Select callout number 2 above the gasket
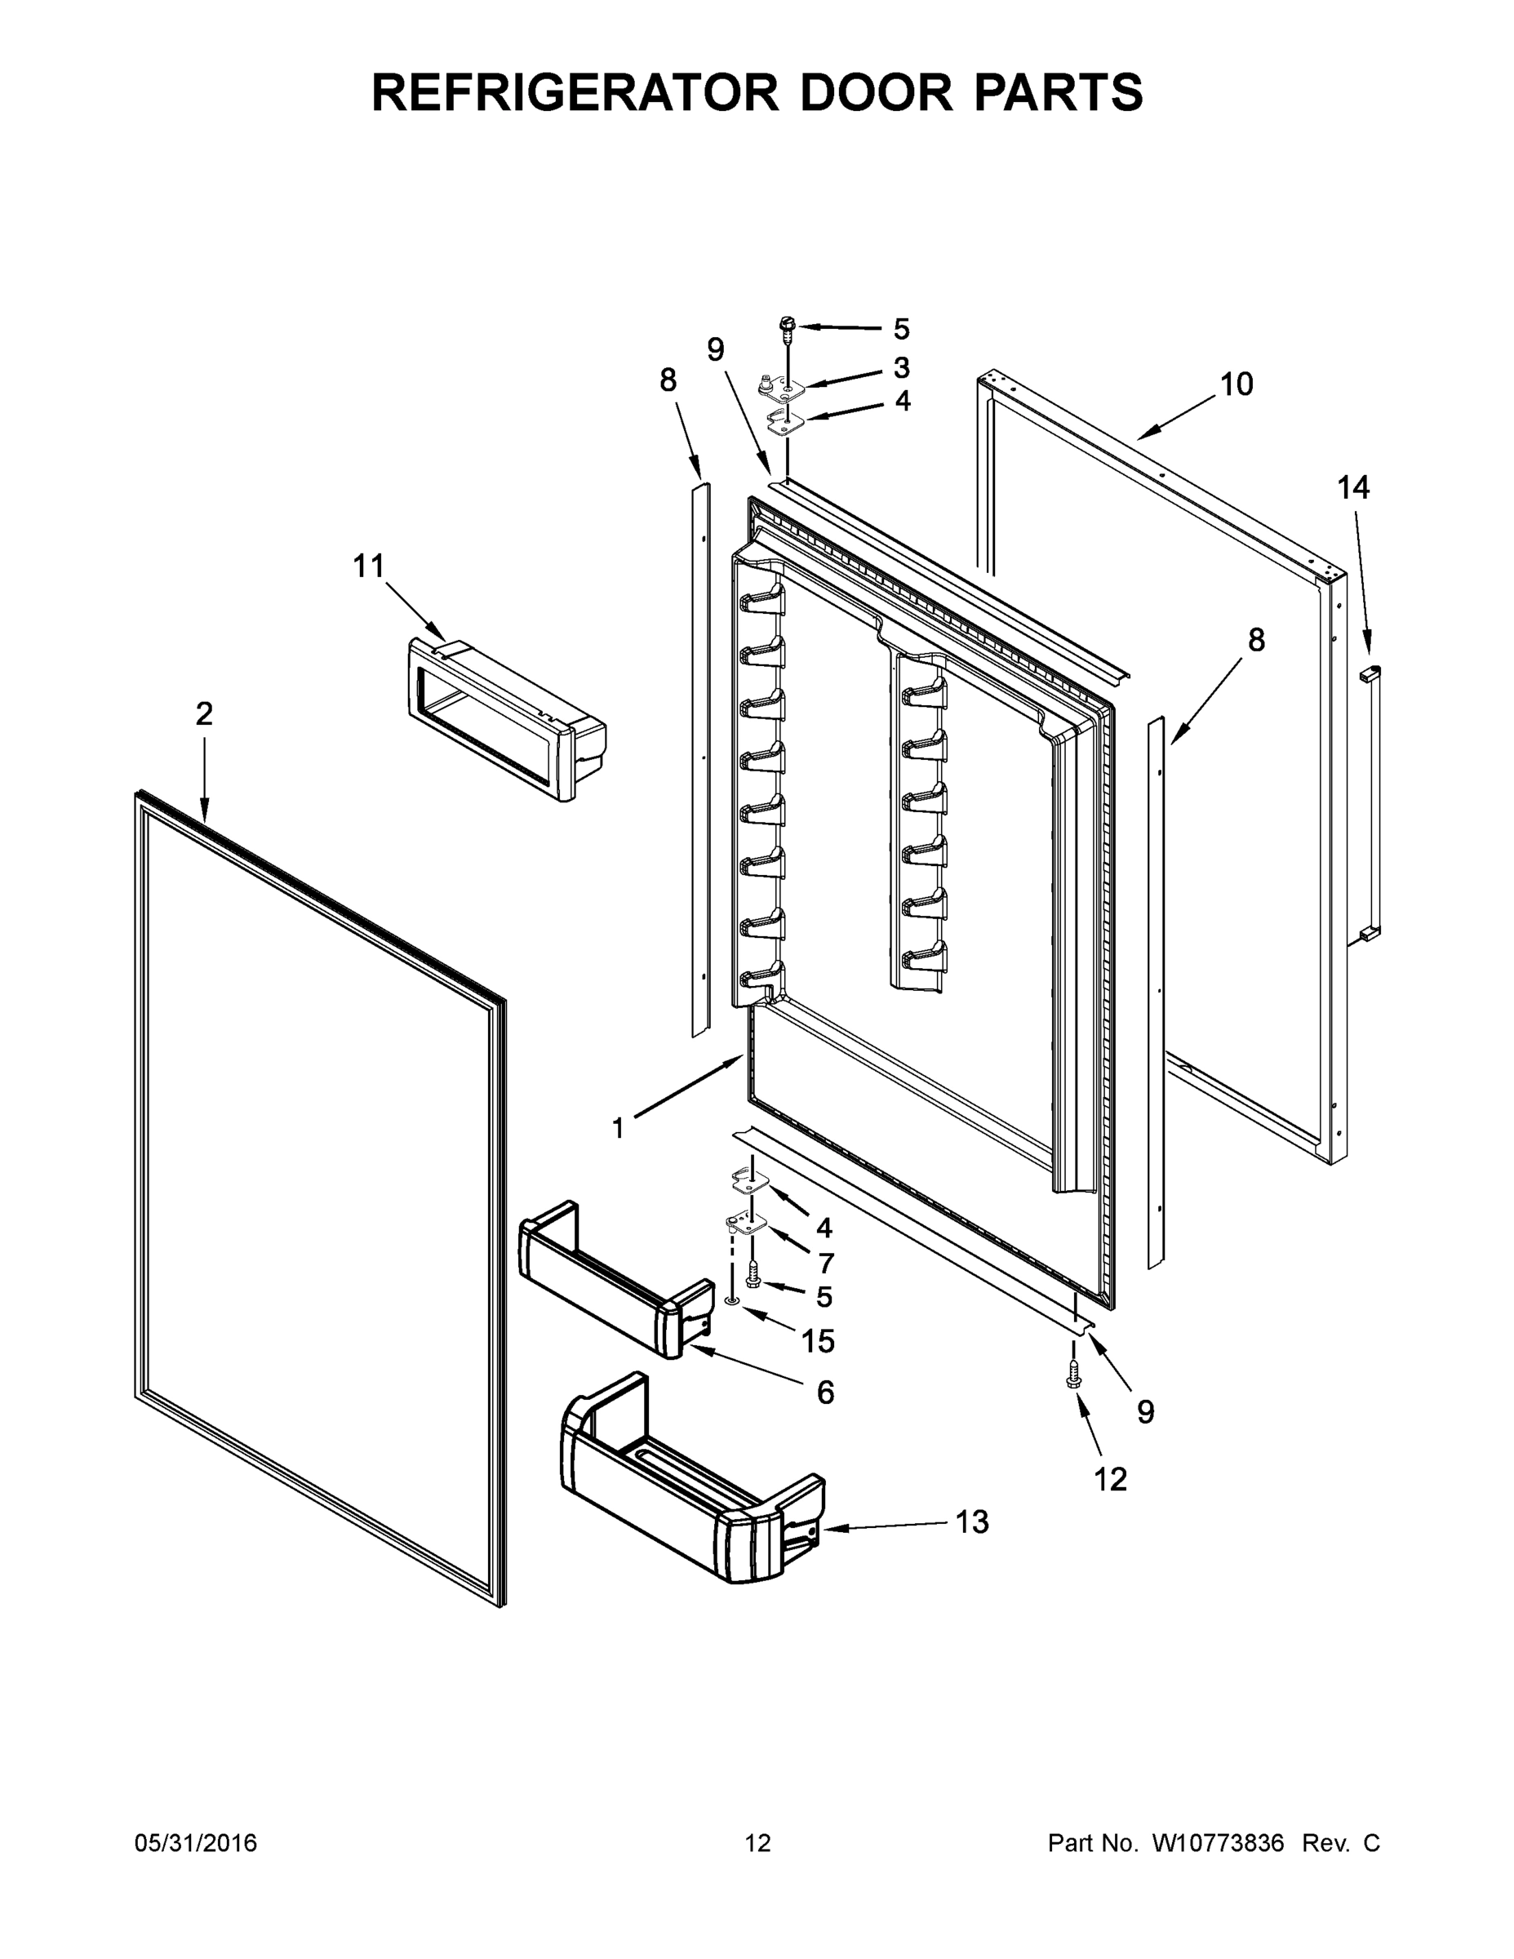[205, 714]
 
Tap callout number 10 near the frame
[1236, 384]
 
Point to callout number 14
[1353, 488]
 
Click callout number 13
[972, 1522]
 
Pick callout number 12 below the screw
[1109, 1479]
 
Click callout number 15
[818, 1341]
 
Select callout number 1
[617, 1128]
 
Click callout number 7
[825, 1263]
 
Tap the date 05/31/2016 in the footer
[196, 1843]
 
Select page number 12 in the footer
[758, 1843]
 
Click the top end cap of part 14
[1370, 672]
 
